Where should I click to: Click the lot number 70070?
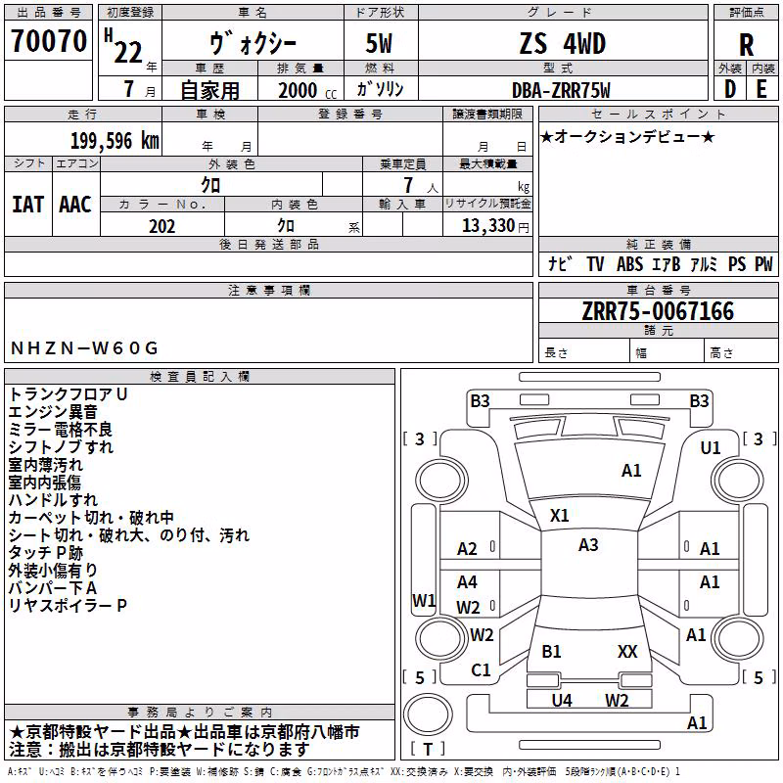pyautogui.click(x=49, y=41)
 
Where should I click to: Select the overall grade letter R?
pyautogui.click(x=746, y=45)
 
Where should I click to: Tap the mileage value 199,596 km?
pyautogui.click(x=115, y=141)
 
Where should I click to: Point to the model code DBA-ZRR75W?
pyautogui.click(x=561, y=90)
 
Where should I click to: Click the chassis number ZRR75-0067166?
pyautogui.click(x=658, y=311)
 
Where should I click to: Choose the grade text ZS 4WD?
pyautogui.click(x=563, y=43)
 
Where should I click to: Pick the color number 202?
pyautogui.click(x=161, y=226)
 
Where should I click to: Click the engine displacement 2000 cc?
pyautogui.click(x=307, y=90)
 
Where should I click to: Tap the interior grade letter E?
pyautogui.click(x=761, y=89)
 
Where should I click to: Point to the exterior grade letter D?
pyautogui.click(x=730, y=89)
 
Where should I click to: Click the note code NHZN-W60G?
pyautogui.click(x=84, y=348)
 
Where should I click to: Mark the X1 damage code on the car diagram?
pyautogui.click(x=559, y=516)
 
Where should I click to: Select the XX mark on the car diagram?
pyautogui.click(x=627, y=652)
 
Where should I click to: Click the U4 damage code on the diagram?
pyautogui.click(x=562, y=701)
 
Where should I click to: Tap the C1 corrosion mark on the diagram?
pyautogui.click(x=481, y=670)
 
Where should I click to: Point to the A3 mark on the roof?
pyautogui.click(x=588, y=545)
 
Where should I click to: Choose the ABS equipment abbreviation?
pyautogui.click(x=629, y=263)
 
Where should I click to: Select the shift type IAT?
pyautogui.click(x=27, y=205)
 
